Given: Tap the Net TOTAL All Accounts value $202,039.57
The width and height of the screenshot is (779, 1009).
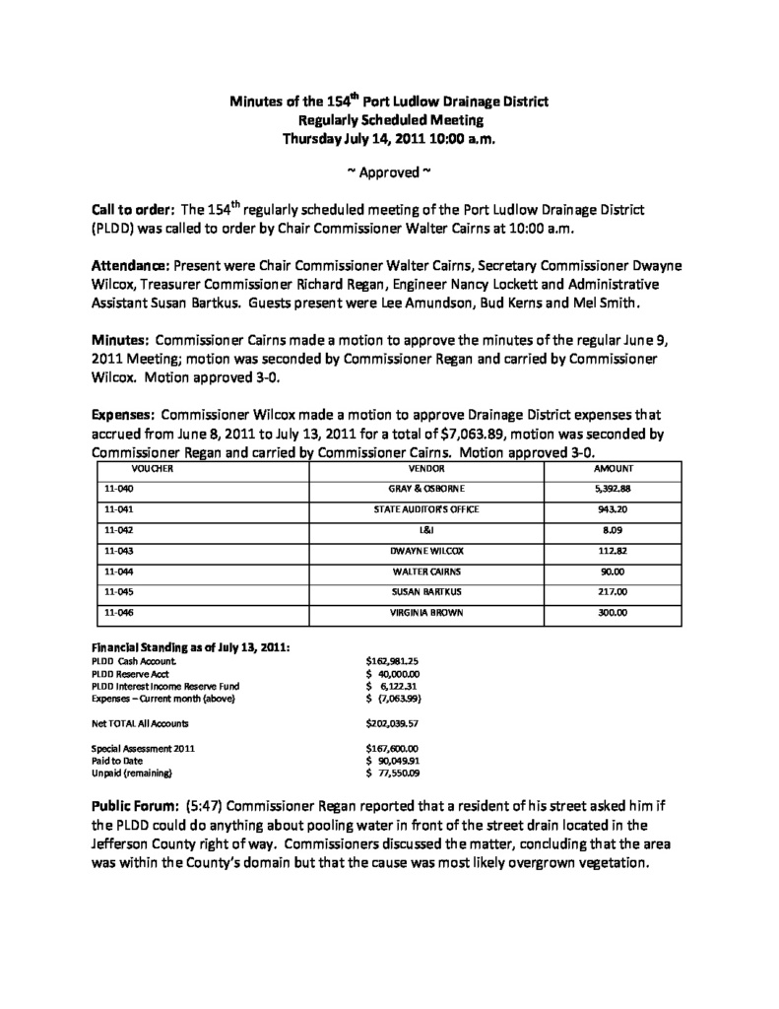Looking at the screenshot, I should [392, 722].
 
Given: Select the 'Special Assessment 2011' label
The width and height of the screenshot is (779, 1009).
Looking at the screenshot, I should [143, 748].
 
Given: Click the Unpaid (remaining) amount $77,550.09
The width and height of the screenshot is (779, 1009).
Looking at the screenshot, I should [392, 773].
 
